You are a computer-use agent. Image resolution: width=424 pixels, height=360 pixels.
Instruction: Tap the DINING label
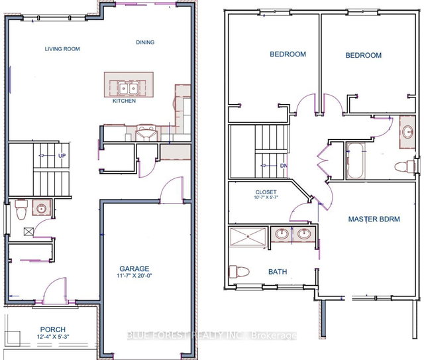coord(145,42)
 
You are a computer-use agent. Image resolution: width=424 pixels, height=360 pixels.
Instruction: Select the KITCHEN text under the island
coord(124,101)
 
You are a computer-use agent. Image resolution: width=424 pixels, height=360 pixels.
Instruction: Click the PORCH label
coord(52,329)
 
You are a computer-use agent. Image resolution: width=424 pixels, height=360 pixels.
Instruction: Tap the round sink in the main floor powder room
coord(40,209)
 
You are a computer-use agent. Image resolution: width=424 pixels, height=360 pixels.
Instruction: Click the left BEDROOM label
coord(287,54)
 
